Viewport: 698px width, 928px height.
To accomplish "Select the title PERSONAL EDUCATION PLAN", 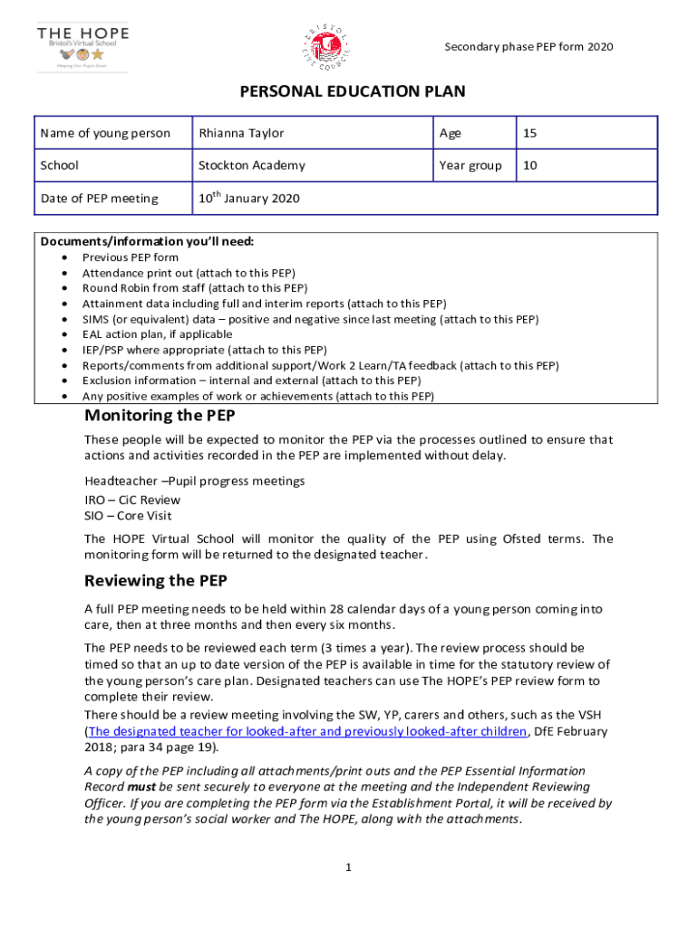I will pos(352,92).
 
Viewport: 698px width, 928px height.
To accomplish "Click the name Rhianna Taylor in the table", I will pos(241,133).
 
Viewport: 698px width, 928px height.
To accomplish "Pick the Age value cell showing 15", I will pos(530,133).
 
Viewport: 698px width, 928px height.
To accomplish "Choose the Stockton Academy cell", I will pos(252,165).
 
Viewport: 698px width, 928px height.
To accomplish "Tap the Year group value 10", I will pos(530,165).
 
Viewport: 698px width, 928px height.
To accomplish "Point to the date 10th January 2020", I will pos(249,198).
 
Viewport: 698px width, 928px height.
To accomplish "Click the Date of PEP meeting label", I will pos(99,198).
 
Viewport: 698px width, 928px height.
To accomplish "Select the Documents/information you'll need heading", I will pos(147,242).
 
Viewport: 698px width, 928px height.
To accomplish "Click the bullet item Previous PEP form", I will pos(131,257).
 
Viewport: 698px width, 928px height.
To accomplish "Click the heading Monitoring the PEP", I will pos(160,416).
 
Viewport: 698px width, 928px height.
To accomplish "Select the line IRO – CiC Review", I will pos(132,499).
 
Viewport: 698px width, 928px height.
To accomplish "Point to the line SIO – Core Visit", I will pos(130,516).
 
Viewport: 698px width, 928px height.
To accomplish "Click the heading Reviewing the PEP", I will pos(155,581).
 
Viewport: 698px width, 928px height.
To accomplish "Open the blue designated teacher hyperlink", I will pos(307,730).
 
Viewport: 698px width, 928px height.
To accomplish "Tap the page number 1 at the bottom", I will pos(348,867).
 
